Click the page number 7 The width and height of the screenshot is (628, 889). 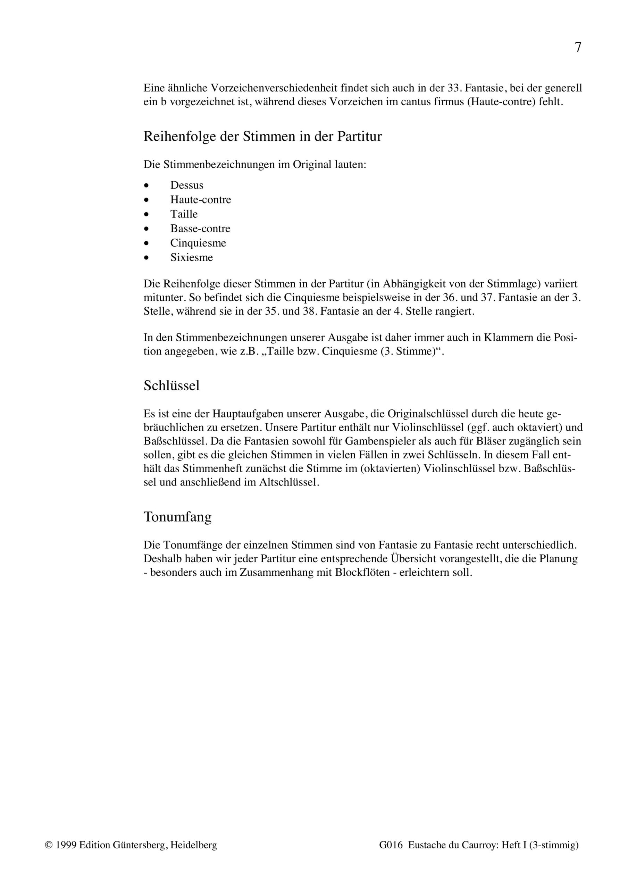(578, 47)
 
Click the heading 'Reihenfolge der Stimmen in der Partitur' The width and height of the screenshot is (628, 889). (262, 137)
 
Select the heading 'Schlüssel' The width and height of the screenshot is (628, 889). (171, 386)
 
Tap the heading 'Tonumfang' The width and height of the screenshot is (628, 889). (177, 517)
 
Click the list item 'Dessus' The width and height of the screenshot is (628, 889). (187, 185)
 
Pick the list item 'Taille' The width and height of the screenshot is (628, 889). (184, 214)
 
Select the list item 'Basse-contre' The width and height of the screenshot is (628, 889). (200, 229)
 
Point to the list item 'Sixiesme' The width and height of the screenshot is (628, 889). (192, 257)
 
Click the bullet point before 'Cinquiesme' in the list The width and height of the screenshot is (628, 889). (146, 243)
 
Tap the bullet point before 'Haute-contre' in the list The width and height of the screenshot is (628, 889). (146, 200)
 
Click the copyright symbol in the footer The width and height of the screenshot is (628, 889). (48, 845)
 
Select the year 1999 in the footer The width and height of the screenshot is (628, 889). (66, 845)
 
